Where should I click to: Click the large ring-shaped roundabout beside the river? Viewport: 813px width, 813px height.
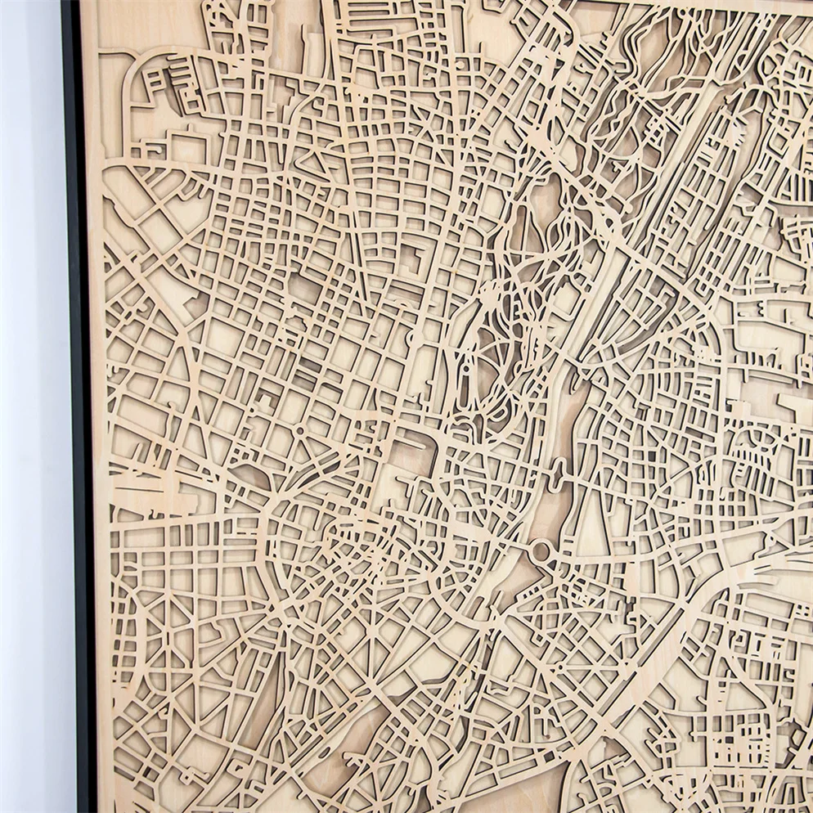click(541, 550)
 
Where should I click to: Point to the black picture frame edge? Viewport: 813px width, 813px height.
click(82, 409)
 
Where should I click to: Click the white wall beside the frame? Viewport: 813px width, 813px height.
click(33, 409)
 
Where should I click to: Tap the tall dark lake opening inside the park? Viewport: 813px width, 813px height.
click(546, 200)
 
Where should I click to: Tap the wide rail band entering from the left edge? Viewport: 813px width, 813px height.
click(147, 499)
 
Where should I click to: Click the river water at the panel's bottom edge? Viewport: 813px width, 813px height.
click(360, 785)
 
